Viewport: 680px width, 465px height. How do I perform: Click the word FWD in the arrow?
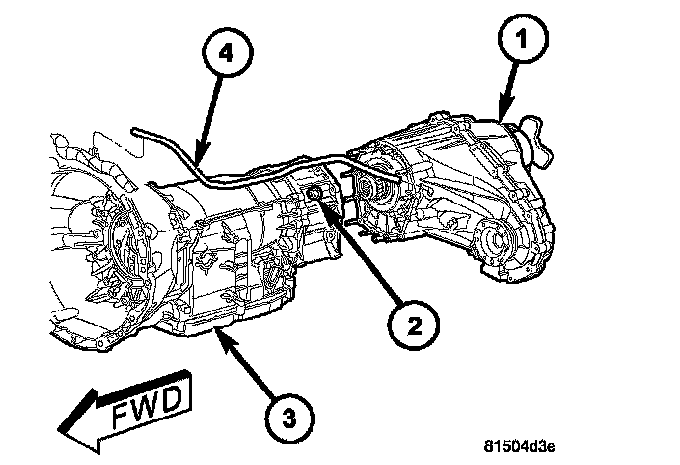[146, 404]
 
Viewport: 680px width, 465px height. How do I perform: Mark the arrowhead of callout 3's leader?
[221, 335]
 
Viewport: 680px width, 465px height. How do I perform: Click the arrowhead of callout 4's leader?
[198, 160]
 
